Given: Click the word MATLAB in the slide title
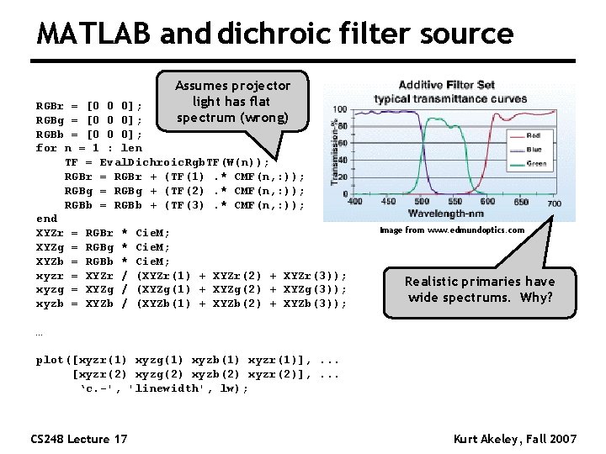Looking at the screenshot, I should point(93,34).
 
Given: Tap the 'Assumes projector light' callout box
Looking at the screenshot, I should point(232,101).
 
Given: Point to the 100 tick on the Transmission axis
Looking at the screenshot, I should point(340,109).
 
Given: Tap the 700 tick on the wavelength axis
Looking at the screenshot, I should point(554,203).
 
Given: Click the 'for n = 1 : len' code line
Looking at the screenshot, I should point(89,148).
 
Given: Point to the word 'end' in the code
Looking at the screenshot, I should point(46,218).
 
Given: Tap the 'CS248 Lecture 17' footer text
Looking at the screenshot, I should point(79,439).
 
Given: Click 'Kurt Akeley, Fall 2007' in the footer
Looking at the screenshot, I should point(515,439).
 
